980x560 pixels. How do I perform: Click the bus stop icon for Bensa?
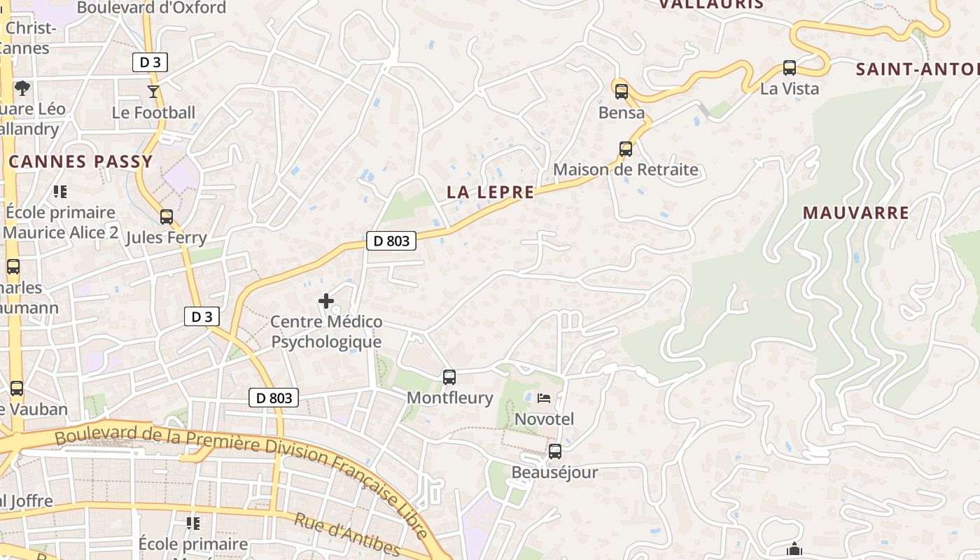tap(621, 91)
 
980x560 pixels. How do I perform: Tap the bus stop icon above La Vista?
tap(790, 68)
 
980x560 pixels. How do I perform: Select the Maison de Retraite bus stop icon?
tap(626, 148)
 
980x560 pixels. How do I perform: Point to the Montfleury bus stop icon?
tap(449, 377)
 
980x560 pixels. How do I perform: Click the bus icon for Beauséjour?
tap(555, 451)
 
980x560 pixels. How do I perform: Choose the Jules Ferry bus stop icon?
tap(167, 217)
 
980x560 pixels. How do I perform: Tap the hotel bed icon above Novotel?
tap(544, 398)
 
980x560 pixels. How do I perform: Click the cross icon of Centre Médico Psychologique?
tap(326, 301)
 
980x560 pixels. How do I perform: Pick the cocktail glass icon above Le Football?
tap(153, 91)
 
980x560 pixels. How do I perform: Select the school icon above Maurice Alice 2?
tap(60, 191)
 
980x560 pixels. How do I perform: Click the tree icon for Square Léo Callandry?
tap(22, 88)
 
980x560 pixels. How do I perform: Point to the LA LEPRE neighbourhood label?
tap(490, 192)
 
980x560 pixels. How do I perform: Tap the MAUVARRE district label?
tap(855, 213)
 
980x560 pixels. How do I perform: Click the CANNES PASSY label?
tap(80, 162)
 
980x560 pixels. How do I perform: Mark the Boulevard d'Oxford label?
tap(151, 8)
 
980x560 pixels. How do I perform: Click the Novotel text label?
tap(544, 419)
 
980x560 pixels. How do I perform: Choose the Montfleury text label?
tap(450, 398)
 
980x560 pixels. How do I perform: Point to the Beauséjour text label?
tap(555, 472)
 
